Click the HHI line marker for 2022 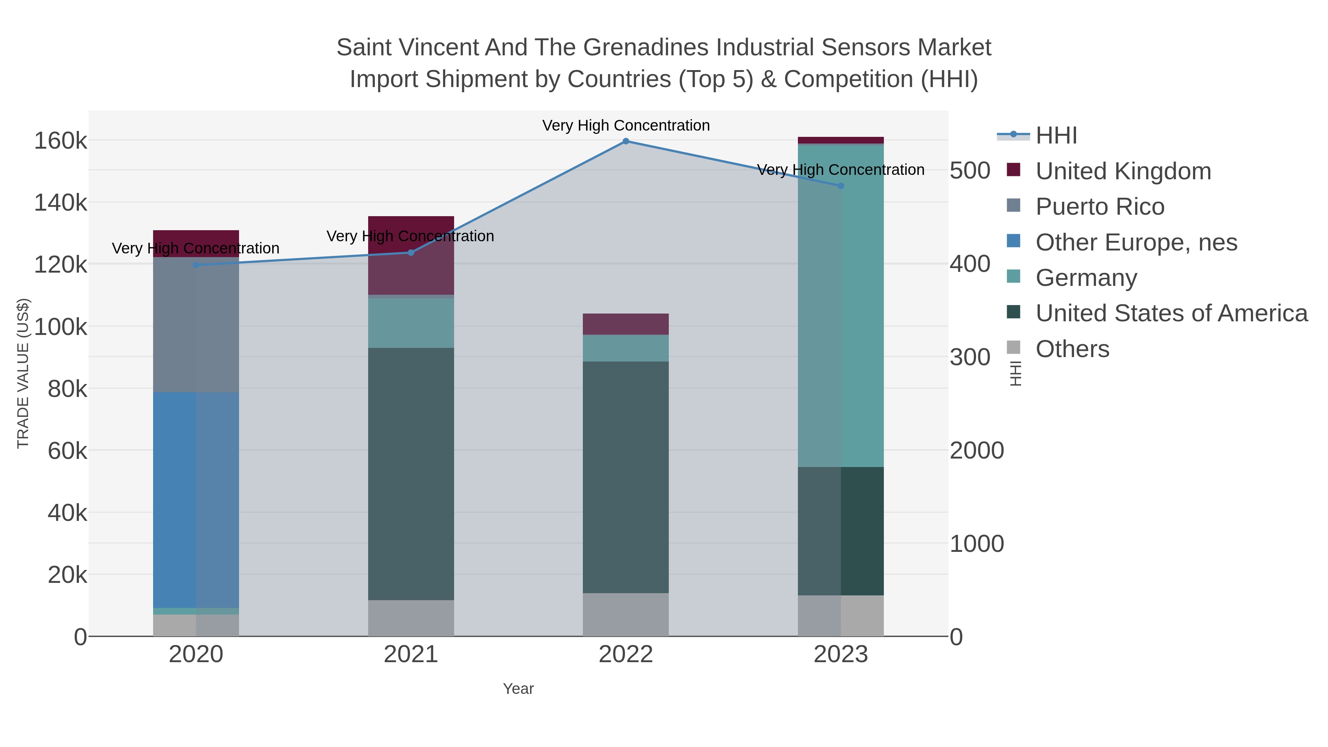click(x=625, y=141)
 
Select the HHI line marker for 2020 click(x=196, y=265)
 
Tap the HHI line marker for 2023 click(x=841, y=186)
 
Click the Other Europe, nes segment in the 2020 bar click(x=196, y=500)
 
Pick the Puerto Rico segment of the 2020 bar click(x=196, y=325)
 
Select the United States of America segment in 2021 click(x=411, y=474)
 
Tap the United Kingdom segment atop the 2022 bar click(x=625, y=324)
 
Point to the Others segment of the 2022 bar click(x=625, y=615)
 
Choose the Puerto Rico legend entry click(x=1100, y=207)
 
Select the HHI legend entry click(x=1056, y=136)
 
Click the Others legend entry click(x=1072, y=349)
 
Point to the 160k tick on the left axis click(x=60, y=141)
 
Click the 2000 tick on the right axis click(x=976, y=450)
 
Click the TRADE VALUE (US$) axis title click(x=23, y=373)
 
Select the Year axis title click(x=518, y=689)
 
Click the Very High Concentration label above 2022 click(x=625, y=125)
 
